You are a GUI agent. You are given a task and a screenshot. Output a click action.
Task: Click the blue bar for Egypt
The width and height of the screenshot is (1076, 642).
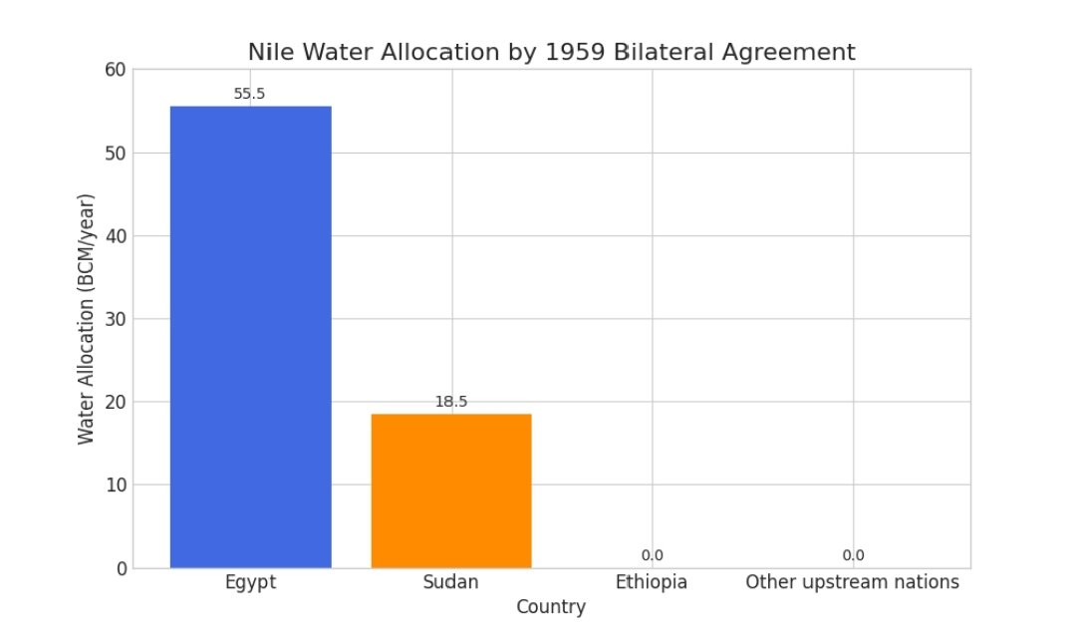click(x=250, y=337)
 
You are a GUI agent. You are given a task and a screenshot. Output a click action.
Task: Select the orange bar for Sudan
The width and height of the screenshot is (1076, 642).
click(x=450, y=490)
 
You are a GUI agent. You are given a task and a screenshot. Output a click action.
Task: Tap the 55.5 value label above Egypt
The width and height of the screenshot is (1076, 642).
click(x=249, y=94)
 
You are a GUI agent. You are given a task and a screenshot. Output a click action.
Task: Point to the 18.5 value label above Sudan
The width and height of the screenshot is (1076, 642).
click(x=450, y=402)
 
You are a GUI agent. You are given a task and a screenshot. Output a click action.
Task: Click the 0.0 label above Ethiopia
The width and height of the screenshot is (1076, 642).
click(x=652, y=555)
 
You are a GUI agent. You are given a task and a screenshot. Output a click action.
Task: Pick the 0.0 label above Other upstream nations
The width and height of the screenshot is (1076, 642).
click(x=853, y=555)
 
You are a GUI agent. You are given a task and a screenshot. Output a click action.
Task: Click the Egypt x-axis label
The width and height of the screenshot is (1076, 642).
click(x=250, y=582)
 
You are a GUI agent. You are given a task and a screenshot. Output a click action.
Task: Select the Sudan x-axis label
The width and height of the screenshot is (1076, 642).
click(x=450, y=582)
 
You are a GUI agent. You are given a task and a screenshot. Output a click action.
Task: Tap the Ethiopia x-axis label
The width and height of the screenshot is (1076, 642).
click(x=652, y=582)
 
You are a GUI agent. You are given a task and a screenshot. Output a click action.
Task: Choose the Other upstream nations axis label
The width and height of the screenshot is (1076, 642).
click(x=853, y=582)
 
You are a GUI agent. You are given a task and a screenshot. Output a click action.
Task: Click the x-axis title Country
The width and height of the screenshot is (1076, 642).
click(x=551, y=607)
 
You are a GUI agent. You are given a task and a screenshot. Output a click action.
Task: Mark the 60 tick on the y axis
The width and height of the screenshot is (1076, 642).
click(x=116, y=70)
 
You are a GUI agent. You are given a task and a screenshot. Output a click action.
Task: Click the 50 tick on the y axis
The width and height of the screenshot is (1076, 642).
click(x=116, y=153)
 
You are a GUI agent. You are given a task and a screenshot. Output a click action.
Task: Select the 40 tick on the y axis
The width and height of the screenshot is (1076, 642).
click(x=116, y=236)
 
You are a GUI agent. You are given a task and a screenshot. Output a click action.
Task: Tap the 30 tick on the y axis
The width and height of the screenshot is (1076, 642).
click(x=116, y=319)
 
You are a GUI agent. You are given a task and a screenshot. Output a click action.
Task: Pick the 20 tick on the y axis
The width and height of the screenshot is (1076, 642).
click(x=116, y=402)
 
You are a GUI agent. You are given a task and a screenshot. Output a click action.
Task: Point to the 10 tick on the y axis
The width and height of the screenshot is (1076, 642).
click(x=116, y=485)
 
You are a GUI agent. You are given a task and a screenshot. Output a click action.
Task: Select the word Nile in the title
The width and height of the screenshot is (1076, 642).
click(x=269, y=52)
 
